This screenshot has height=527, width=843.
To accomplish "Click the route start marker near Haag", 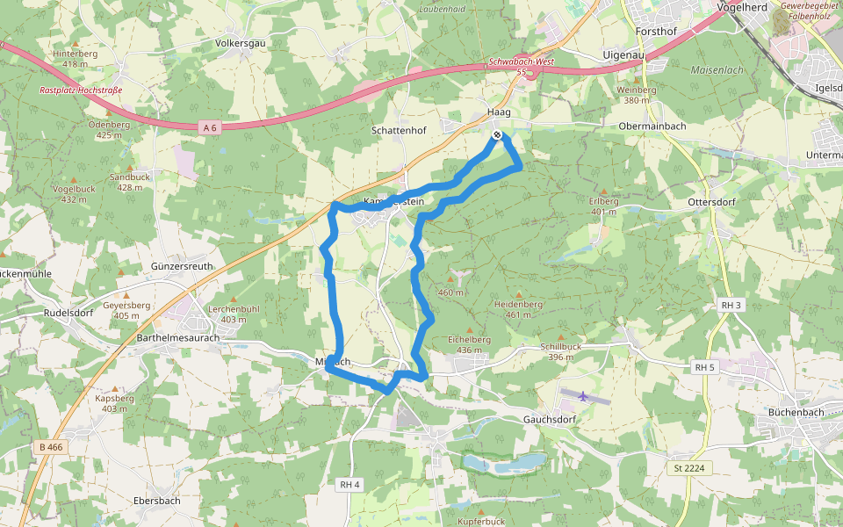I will [497, 134].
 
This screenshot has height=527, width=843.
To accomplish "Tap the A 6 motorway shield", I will [209, 127].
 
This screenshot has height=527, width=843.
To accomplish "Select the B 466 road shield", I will [52, 447].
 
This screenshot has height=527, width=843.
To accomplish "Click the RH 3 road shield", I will [731, 305].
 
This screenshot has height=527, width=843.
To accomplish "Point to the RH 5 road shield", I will [704, 366].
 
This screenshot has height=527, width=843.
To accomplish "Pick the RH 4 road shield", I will [350, 484].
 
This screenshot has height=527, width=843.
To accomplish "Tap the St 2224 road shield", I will [688, 468].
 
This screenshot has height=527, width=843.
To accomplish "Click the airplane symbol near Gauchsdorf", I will [583, 395].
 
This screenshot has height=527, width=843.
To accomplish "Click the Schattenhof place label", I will [399, 130].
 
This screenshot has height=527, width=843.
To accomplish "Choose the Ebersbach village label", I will [156, 501].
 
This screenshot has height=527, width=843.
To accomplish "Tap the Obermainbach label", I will [652, 126].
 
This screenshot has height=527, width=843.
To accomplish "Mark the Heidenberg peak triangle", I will [519, 294].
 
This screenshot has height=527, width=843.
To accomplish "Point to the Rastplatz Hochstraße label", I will [80, 90].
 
